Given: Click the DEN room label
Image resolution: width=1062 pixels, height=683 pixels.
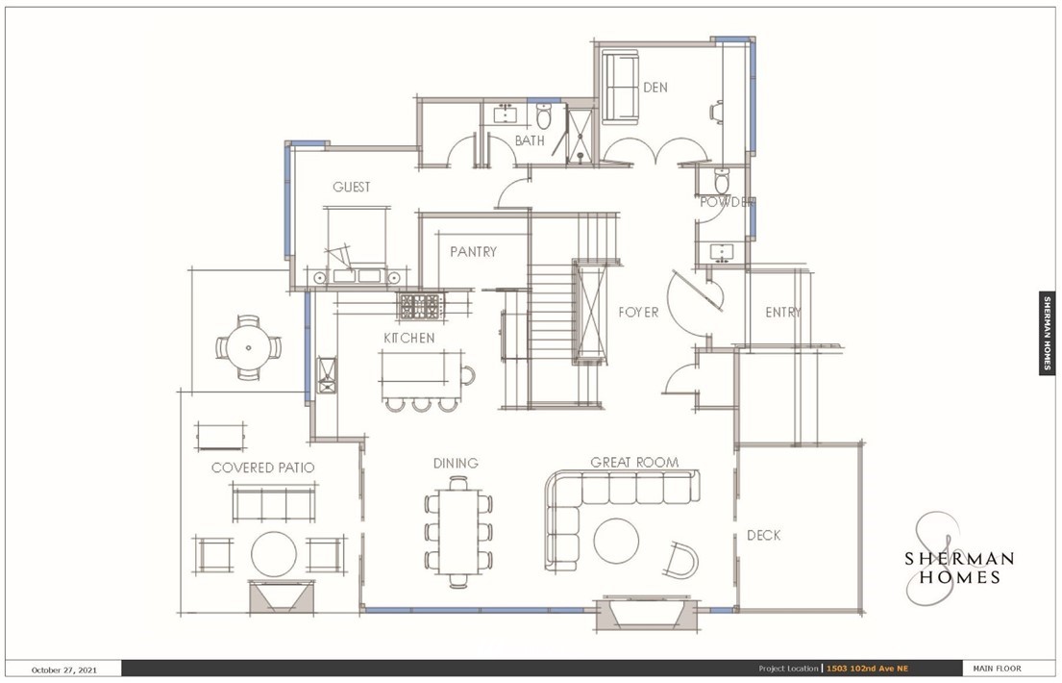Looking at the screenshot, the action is coord(654,88).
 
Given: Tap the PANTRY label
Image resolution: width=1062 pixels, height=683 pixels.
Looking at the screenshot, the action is coord(474,252).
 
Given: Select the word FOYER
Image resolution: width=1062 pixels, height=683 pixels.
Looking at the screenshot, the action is coord(638,312).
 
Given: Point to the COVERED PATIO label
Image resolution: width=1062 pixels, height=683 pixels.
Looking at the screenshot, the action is coord(262,468).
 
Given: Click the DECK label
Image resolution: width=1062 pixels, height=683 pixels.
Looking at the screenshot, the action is coord(763,535).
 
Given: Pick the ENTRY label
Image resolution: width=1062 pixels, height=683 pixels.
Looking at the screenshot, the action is coord(783,312).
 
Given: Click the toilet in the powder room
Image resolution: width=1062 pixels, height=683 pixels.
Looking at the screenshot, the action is coord(722,181).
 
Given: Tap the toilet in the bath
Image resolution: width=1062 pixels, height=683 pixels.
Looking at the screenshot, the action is coord(544,116).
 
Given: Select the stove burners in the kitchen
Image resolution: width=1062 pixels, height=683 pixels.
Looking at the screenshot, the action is coord(421,307).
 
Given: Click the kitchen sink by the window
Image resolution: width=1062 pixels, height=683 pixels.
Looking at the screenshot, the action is coord(327,374).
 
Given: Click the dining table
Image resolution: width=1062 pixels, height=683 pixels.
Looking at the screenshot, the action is coord(458,532).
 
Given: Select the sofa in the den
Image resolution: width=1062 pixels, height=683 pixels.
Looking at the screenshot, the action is coord(621,88).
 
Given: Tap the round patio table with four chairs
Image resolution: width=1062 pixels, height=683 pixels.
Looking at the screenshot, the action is coord(249,348).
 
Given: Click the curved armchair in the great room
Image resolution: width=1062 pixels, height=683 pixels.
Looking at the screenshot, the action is coord(680,560).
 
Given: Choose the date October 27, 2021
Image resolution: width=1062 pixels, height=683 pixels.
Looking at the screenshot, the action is coord(64,670).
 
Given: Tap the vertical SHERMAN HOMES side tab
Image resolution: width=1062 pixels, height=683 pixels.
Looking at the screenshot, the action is coord(1047,333).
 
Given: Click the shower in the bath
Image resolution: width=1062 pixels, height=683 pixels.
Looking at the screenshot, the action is coord(580,137).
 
